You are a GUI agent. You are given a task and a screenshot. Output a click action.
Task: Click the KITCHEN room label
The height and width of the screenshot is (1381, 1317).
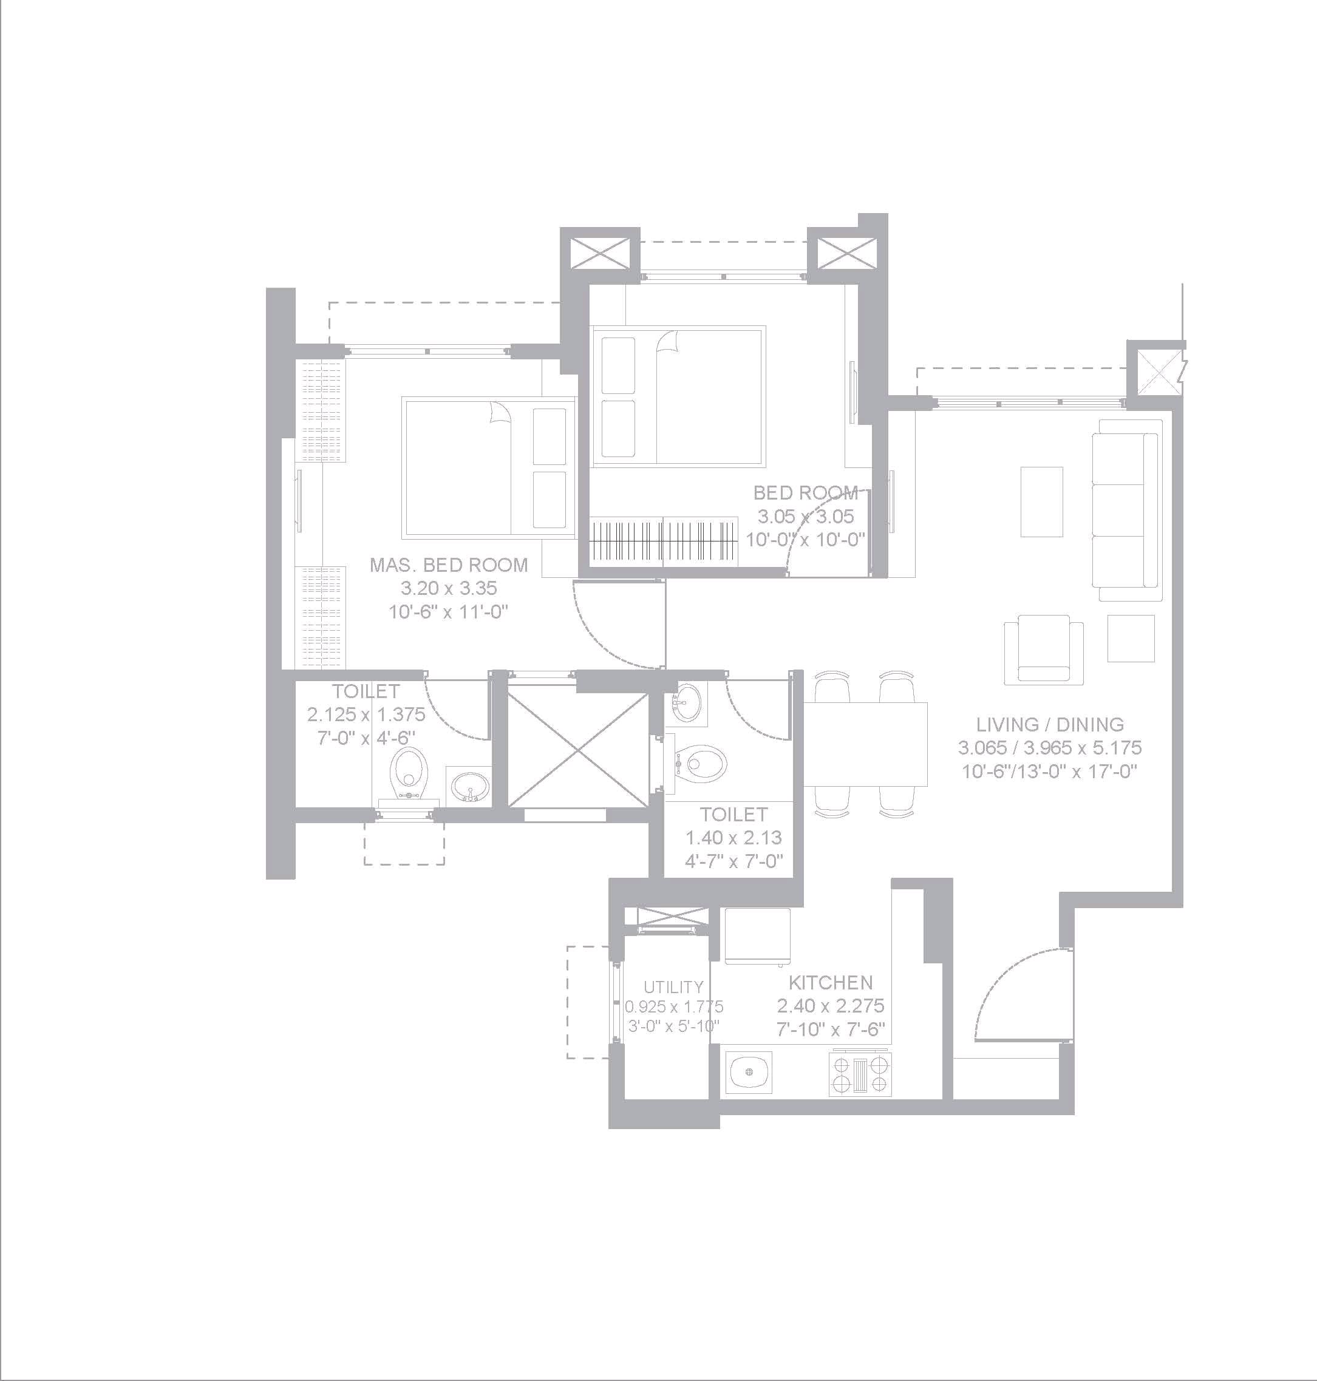831,982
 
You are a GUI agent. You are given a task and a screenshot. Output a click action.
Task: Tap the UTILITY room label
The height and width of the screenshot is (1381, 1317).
673,987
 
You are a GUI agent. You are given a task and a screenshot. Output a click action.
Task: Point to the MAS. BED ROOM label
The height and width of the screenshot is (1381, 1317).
449,565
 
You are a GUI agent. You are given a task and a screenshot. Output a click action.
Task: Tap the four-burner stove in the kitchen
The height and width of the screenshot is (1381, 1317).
860,1074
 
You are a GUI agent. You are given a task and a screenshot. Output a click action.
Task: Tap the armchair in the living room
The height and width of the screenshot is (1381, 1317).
1043,649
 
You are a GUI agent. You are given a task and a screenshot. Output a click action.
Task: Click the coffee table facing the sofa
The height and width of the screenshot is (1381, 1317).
1041,502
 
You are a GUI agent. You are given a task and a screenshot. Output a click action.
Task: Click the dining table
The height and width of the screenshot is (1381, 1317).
865,744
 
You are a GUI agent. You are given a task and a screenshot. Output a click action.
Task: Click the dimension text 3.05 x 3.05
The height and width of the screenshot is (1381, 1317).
806,517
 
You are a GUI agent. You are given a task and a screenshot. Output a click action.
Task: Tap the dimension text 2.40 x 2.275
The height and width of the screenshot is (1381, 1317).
831,1006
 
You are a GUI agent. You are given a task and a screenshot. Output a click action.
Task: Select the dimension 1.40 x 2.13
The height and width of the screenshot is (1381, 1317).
733,837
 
